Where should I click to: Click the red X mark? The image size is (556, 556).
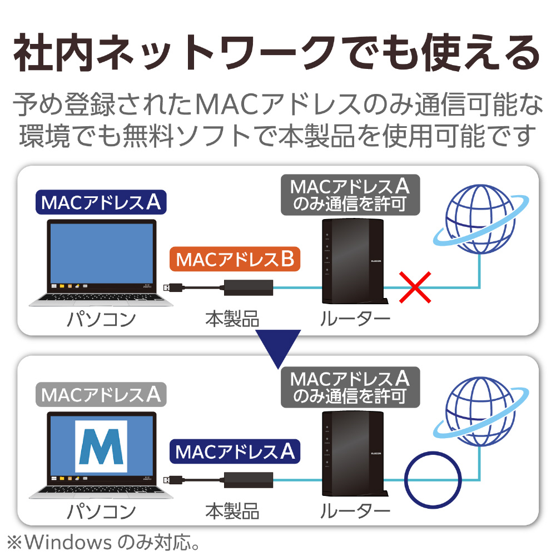(x=415, y=287)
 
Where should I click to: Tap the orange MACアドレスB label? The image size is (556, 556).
(x=235, y=259)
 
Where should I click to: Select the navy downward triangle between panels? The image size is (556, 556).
(x=279, y=348)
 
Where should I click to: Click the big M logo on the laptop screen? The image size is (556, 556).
(x=101, y=446)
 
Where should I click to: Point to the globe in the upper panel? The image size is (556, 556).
(x=481, y=219)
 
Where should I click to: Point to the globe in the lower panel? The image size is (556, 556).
(x=481, y=411)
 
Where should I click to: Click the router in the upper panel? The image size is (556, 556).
(x=354, y=261)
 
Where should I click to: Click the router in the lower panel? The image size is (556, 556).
(x=354, y=454)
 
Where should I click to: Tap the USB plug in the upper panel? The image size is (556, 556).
(x=173, y=287)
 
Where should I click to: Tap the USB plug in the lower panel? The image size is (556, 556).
(x=173, y=480)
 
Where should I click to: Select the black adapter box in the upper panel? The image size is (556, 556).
(x=249, y=287)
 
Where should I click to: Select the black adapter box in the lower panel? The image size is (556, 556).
(x=249, y=480)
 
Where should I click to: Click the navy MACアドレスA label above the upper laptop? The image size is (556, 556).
(x=101, y=202)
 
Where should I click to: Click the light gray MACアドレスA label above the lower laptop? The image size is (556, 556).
(x=101, y=394)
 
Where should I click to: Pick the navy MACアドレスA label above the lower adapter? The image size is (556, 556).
(x=235, y=451)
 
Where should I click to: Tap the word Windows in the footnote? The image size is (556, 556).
(x=68, y=542)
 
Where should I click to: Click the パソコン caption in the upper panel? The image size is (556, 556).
(x=101, y=319)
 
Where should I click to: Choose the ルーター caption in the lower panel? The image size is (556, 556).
(x=355, y=512)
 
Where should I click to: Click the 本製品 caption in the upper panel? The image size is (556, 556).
(x=232, y=319)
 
